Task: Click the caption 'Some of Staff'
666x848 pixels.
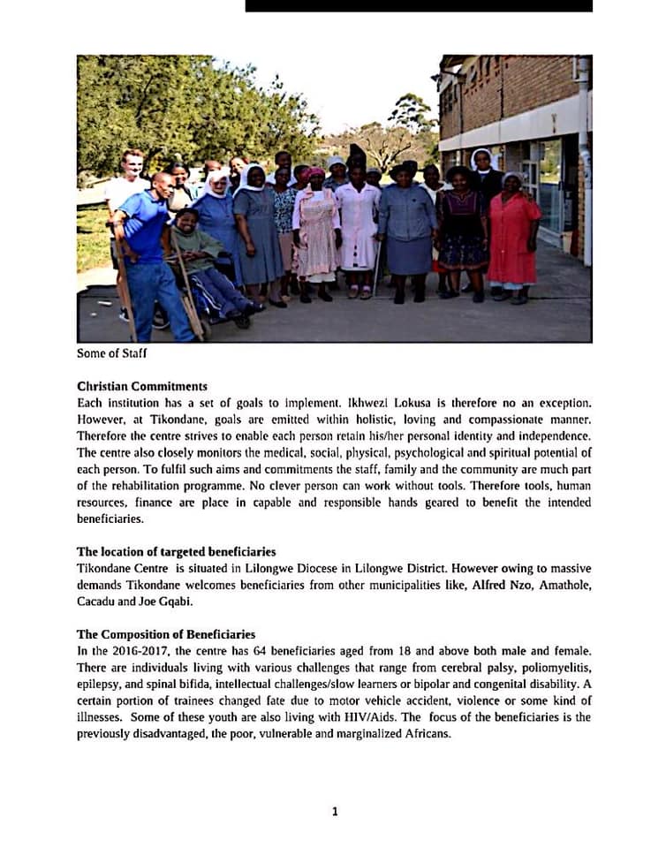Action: click(x=110, y=353)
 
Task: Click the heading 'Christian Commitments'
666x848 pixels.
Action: click(x=142, y=386)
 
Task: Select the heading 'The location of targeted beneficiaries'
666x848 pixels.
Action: click(x=176, y=552)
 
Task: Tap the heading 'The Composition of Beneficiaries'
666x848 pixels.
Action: click(x=166, y=634)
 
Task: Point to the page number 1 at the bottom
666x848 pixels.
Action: click(x=334, y=811)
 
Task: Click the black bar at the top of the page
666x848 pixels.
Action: click(x=419, y=5)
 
